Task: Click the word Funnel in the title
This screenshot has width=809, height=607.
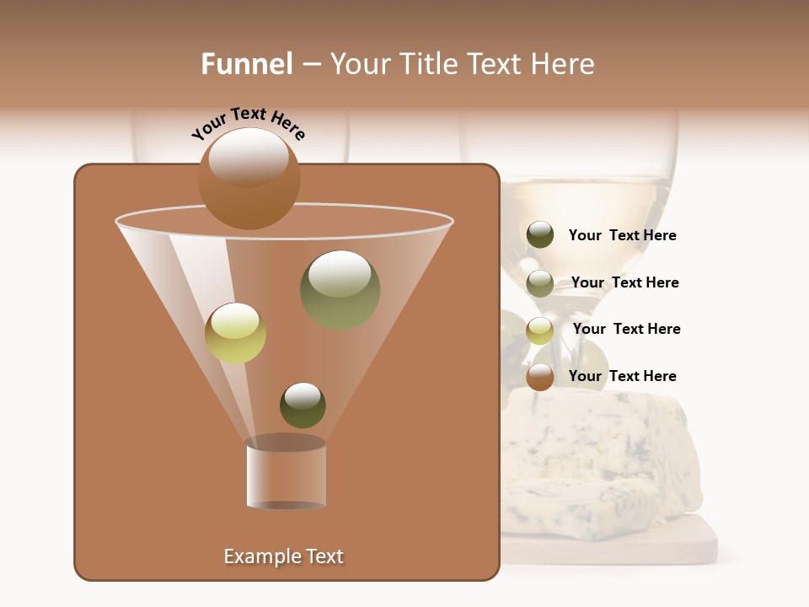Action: click(x=246, y=64)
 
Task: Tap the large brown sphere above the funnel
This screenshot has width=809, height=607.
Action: click(x=249, y=179)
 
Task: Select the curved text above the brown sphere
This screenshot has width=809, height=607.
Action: click(x=248, y=123)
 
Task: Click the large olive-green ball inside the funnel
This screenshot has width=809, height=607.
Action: click(x=340, y=290)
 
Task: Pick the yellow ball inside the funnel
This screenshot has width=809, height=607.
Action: click(x=235, y=333)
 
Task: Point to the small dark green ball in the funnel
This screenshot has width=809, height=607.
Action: click(x=303, y=405)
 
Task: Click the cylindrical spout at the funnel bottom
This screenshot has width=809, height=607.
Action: click(x=287, y=474)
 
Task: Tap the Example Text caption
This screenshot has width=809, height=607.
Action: click(x=283, y=556)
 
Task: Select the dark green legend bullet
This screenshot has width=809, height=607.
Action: click(x=540, y=235)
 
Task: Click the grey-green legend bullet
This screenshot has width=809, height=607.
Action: click(x=540, y=283)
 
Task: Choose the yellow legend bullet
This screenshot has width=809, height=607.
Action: click(x=540, y=330)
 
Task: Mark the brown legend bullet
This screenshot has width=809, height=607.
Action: click(x=540, y=377)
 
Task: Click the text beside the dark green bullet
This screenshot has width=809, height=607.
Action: click(x=622, y=236)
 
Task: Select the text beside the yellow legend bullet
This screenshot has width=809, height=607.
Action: click(x=626, y=330)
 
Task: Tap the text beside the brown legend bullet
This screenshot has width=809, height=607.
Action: click(x=622, y=377)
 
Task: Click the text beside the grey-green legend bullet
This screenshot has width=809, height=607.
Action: click(x=624, y=283)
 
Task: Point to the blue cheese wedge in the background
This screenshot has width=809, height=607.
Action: click(x=607, y=455)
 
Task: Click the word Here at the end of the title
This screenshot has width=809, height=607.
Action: click(x=563, y=64)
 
